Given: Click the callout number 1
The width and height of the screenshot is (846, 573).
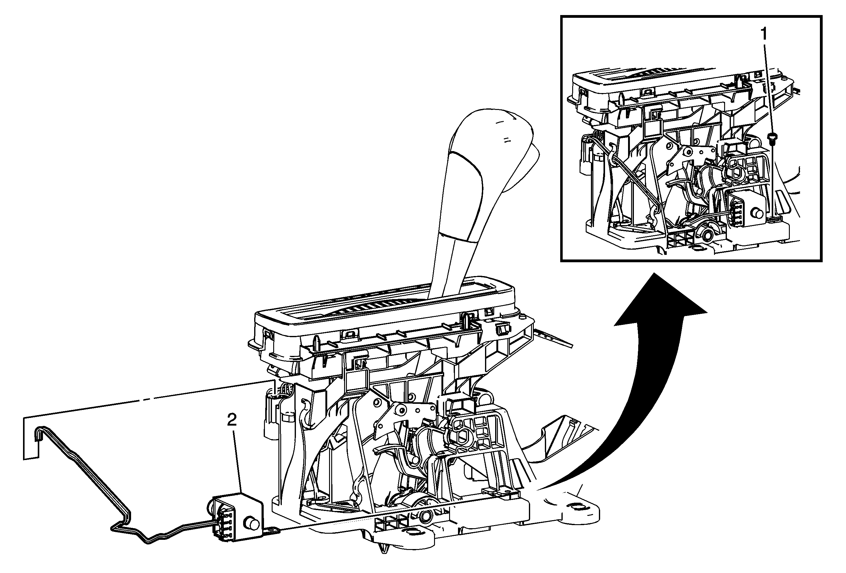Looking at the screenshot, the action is point(763,35).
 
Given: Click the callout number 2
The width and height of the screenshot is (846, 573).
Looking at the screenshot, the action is point(231,420).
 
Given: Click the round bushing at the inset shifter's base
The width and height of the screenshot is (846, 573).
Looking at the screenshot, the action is point(707,236).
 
